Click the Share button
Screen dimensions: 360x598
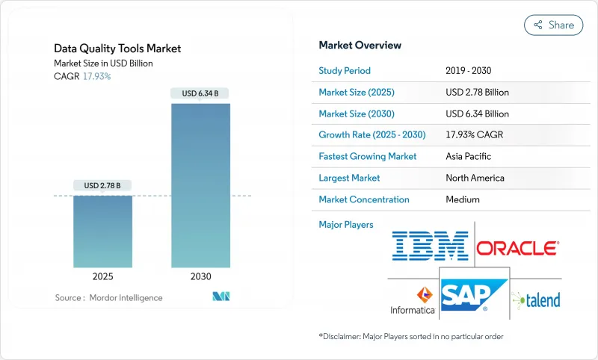click(x=553, y=25)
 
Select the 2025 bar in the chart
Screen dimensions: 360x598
click(x=102, y=232)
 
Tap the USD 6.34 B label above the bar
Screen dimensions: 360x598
click(x=200, y=93)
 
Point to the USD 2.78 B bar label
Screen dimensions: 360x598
click(x=102, y=185)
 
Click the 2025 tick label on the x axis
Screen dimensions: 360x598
click(x=102, y=276)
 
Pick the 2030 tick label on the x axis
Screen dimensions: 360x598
click(x=200, y=276)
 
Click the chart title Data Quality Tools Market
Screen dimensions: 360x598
click(x=117, y=49)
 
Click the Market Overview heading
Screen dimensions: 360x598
click(x=360, y=45)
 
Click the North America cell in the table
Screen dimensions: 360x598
click(x=475, y=178)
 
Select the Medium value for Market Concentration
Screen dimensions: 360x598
click(x=463, y=199)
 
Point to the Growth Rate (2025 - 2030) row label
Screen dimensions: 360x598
click(x=372, y=135)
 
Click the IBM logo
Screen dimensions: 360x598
click(x=430, y=246)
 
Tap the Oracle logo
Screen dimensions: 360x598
click(x=517, y=247)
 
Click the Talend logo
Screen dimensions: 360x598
click(x=536, y=300)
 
